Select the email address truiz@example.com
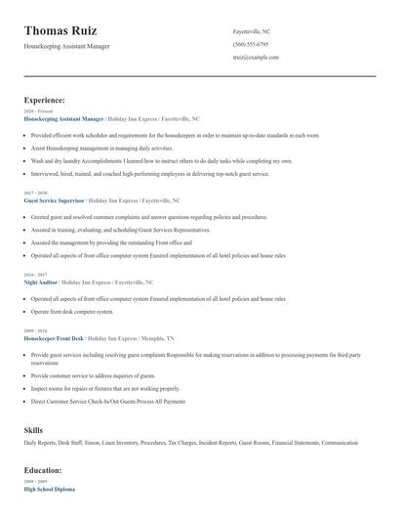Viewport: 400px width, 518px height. [x=256, y=58]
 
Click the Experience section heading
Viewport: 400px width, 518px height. [x=45, y=100]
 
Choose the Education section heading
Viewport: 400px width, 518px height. [x=44, y=469]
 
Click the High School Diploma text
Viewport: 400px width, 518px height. [x=49, y=488]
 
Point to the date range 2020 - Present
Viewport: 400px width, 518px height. [x=35, y=111]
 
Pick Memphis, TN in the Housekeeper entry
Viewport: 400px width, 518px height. [x=158, y=338]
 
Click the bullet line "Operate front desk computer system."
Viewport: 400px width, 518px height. [x=72, y=312]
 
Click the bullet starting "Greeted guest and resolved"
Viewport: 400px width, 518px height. [x=148, y=217]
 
